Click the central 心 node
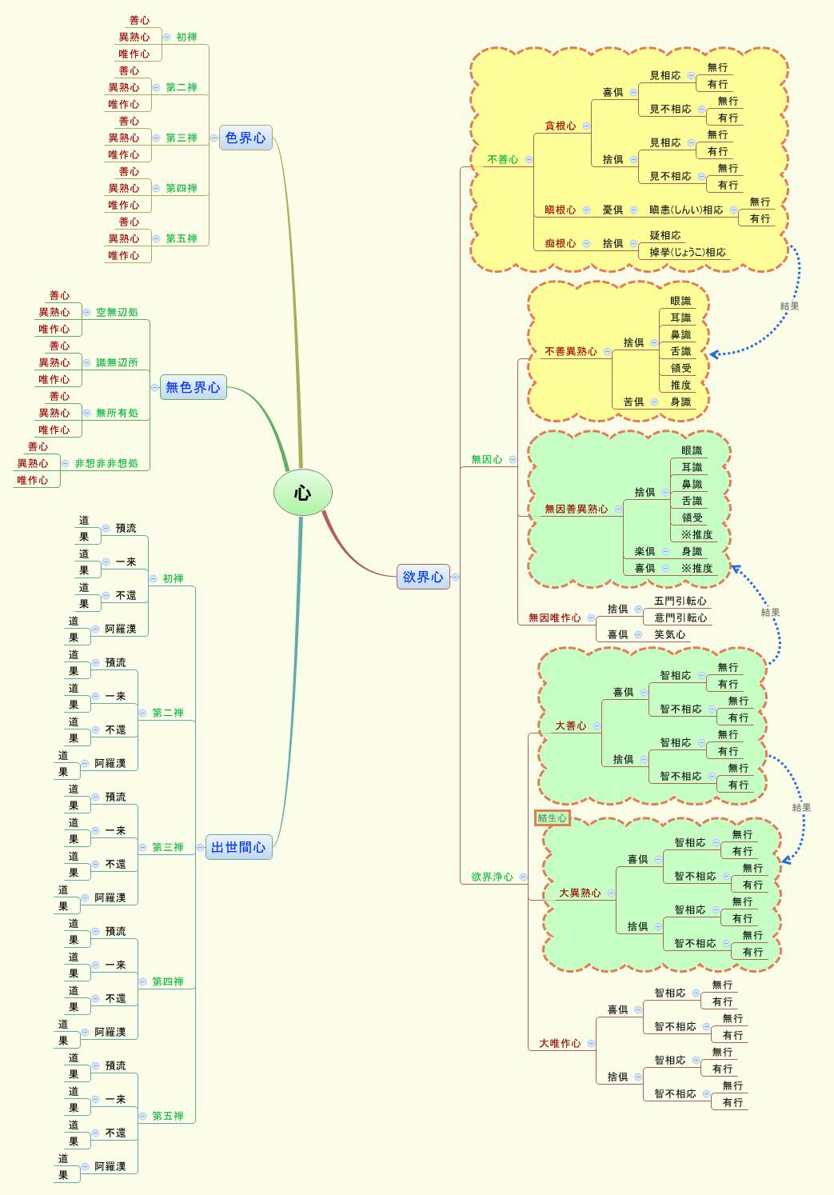(302, 493)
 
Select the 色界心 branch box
(245, 138)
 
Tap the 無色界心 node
(193, 387)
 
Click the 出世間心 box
(238, 847)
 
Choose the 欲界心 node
(423, 577)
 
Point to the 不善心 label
(503, 159)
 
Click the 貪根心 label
(560, 126)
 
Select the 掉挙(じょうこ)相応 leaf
(688, 252)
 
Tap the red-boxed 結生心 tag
(553, 817)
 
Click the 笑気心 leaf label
(670, 634)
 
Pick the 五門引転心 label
(680, 601)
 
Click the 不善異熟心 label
(570, 351)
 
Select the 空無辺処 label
(117, 312)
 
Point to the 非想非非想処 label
(106, 463)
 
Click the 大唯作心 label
(560, 1043)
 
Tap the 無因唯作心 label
(554, 617)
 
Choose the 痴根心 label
(560, 243)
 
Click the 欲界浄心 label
(492, 877)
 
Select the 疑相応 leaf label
(665, 235)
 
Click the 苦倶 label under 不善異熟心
(633, 402)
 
